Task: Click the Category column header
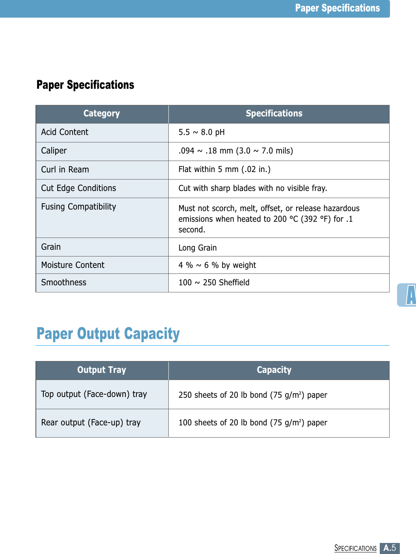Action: tap(102, 114)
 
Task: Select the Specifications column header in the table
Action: tap(274, 114)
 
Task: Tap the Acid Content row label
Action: tap(65, 132)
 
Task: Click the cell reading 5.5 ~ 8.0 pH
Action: tap(201, 132)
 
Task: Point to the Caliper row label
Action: tap(54, 151)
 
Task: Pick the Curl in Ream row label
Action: tap(65, 170)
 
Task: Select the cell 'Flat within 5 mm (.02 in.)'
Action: tap(224, 169)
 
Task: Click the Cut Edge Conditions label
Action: tap(78, 188)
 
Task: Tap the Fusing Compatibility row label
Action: tap(78, 207)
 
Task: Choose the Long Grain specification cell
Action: tap(198, 248)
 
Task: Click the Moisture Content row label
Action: tap(73, 265)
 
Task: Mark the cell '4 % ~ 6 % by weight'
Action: tap(217, 265)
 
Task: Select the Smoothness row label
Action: tap(64, 283)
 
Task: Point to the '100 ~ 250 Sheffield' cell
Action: tap(214, 283)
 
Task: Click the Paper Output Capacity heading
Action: tap(108, 334)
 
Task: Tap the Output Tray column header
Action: tap(102, 370)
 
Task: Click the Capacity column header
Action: tap(274, 370)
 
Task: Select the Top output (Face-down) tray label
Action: tap(94, 394)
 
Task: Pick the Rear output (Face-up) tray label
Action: tap(91, 423)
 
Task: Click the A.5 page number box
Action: tap(390, 548)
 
